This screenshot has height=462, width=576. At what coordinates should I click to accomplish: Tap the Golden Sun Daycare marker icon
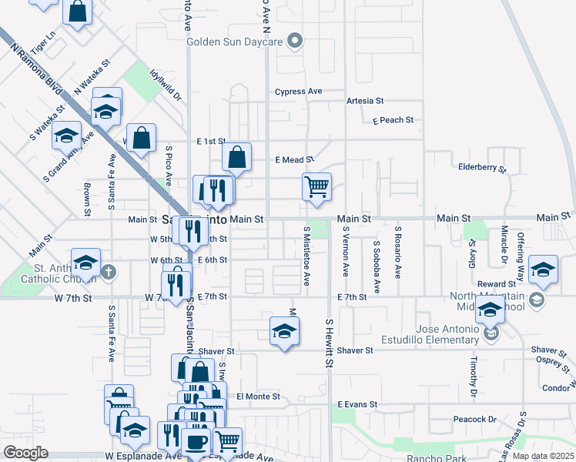coord(294,41)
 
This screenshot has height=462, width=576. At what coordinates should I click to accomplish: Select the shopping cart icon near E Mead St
coord(316,186)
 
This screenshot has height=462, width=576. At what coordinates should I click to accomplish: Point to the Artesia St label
coord(365,101)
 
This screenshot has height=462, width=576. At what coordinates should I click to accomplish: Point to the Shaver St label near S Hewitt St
coord(355,350)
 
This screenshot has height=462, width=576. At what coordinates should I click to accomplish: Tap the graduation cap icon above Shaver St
coord(284,331)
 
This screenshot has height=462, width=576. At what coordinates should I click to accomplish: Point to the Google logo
coord(26,453)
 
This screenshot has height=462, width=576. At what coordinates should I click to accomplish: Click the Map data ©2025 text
coord(542,456)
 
